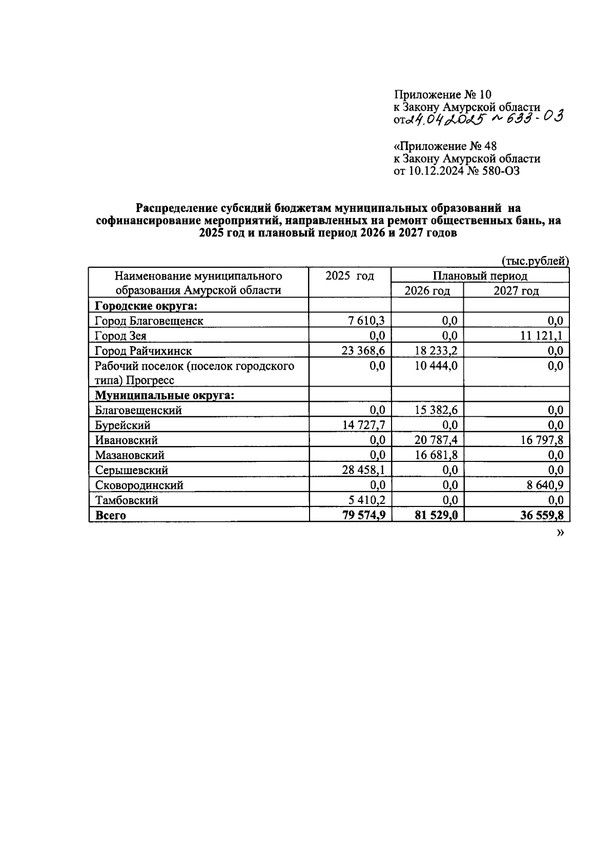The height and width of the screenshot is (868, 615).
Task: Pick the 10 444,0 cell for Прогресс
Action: [436, 366]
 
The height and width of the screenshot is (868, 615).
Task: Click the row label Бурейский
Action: [122, 425]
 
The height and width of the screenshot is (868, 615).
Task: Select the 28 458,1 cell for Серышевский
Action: [363, 470]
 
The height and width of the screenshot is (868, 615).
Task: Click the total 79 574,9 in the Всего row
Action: [363, 515]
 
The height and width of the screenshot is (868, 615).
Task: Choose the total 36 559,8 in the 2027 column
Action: [541, 515]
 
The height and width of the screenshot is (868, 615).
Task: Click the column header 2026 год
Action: [427, 291]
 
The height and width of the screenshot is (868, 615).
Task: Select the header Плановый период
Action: [480, 276]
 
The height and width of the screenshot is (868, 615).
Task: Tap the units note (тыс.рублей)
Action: [535, 261]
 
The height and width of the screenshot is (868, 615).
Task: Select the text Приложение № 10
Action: [442, 95]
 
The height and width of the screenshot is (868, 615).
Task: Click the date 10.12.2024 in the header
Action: [435, 171]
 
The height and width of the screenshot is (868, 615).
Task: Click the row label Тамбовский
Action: [126, 500]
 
